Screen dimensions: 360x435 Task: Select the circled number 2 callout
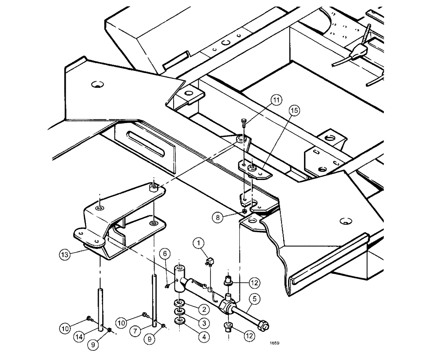pyautogui.click(x=203, y=309)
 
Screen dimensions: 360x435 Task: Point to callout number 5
pyautogui.click(x=254, y=299)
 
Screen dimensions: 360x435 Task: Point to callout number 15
pyautogui.click(x=294, y=111)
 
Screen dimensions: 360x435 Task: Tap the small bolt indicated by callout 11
pyautogui.click(x=244, y=123)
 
